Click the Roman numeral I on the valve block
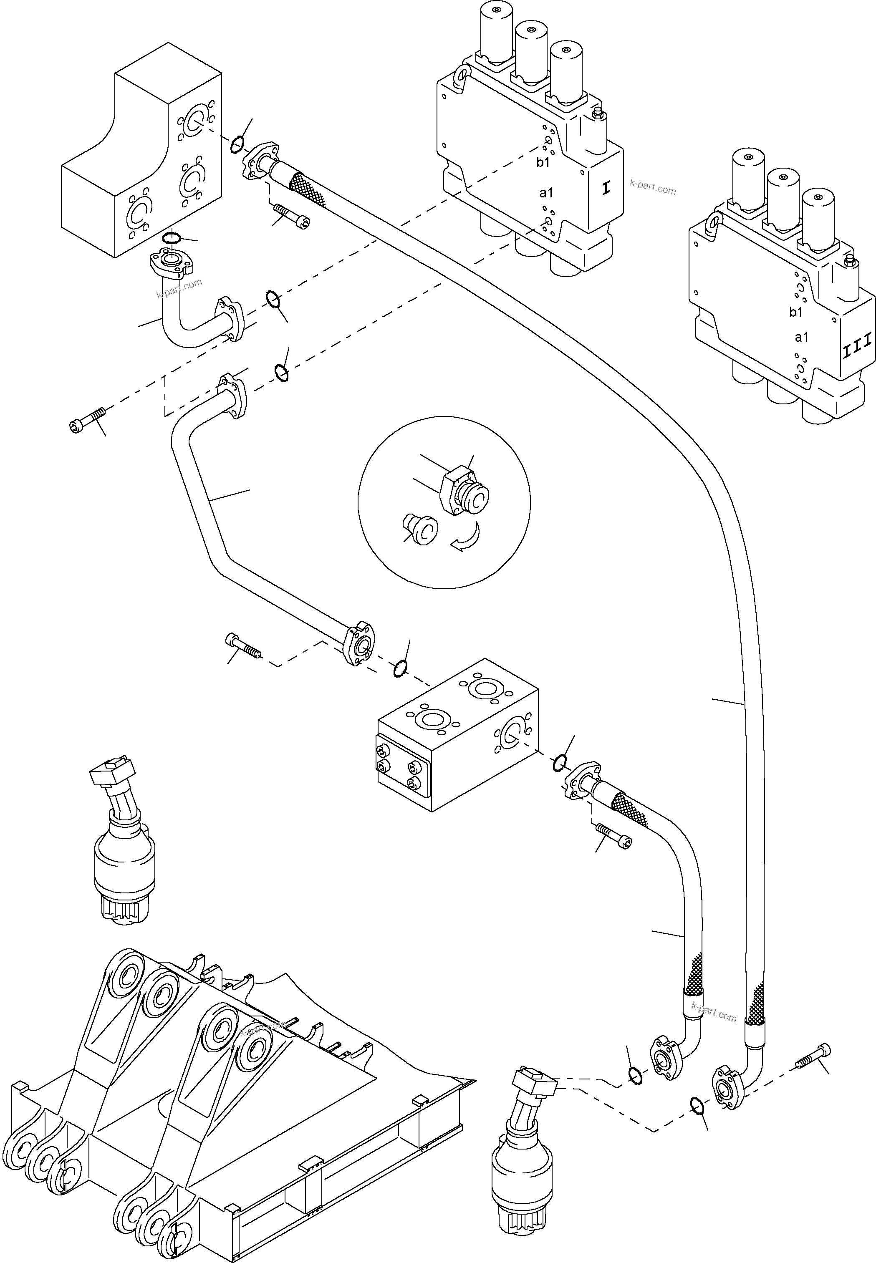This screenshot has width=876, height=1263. pos(606,188)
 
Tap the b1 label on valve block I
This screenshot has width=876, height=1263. pos(543,162)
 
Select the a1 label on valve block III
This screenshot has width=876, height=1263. pos(801,337)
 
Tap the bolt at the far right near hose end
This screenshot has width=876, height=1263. pos(813,1056)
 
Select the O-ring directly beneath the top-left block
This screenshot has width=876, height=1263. pos(172,237)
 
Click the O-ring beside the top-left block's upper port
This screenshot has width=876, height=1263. pos(237,145)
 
